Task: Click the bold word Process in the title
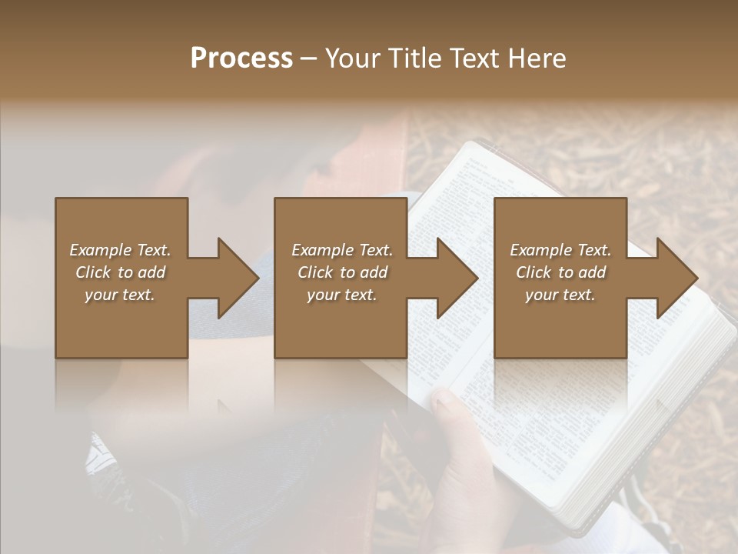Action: tap(241, 58)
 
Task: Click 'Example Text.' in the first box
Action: tap(120, 250)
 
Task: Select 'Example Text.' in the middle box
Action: tap(342, 250)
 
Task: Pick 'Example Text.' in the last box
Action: tap(560, 250)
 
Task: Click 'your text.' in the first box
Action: tap(120, 295)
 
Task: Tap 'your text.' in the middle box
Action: tap(342, 295)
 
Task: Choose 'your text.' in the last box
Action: tap(560, 295)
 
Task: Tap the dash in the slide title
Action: tap(309, 59)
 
